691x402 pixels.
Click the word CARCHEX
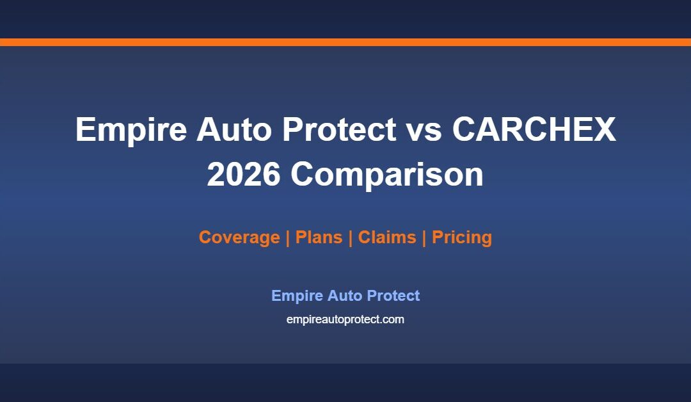click(534, 130)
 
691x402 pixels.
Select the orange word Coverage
click(239, 237)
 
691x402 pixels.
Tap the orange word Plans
click(318, 237)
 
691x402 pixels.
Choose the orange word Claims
click(386, 237)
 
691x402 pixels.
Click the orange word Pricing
click(461, 237)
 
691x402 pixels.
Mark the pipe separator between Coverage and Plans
click(288, 237)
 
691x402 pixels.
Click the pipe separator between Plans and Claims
click(350, 237)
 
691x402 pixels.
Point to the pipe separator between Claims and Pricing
click(424, 237)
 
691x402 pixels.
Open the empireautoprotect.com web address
click(345, 319)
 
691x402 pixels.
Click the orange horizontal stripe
click(345, 42)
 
